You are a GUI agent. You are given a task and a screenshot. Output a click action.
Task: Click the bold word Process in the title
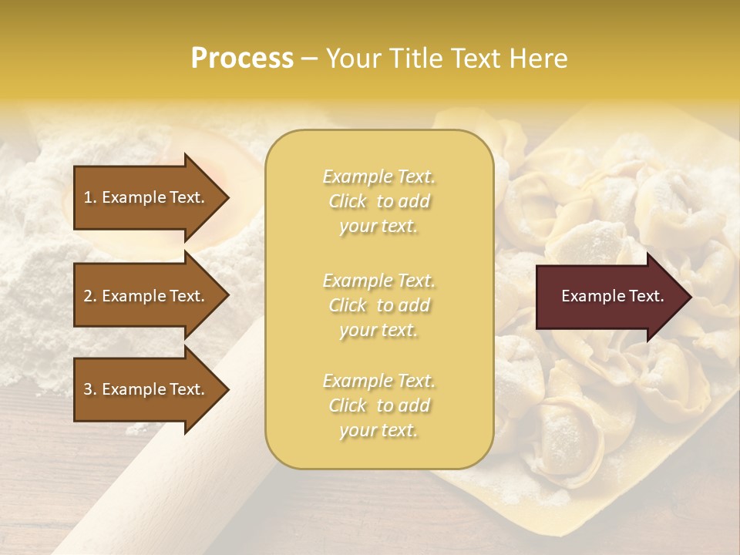point(242,59)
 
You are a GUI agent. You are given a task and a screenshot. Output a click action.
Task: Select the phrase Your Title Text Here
point(447,59)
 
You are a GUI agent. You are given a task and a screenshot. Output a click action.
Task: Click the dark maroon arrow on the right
point(609,296)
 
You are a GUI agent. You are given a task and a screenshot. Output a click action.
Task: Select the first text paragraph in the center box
point(378,201)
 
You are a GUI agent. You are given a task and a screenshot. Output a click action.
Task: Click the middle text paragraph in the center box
point(378,304)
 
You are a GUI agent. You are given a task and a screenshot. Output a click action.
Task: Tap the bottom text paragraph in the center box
point(378,405)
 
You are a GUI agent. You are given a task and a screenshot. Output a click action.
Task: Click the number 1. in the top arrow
point(90,197)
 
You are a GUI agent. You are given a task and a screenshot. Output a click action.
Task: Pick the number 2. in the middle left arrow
point(90,296)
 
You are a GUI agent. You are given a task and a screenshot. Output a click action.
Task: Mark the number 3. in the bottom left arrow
point(90,389)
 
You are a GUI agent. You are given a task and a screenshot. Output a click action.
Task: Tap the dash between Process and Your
point(309,59)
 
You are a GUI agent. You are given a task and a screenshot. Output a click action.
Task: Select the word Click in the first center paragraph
point(348,201)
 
